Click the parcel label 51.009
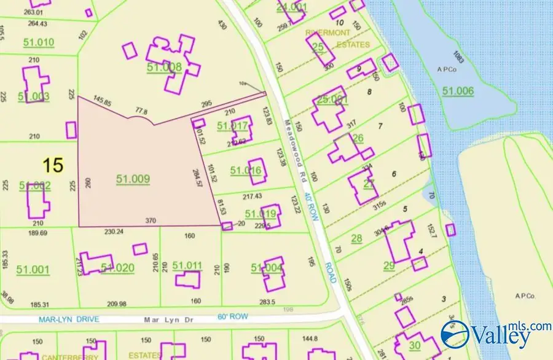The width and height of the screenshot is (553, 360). tap(133, 179)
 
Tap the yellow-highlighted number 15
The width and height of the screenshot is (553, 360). tap(53, 165)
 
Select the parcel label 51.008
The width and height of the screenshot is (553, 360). tap(164, 67)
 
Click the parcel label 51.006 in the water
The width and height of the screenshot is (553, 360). tap(458, 91)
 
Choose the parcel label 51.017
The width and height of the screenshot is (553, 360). tap(232, 126)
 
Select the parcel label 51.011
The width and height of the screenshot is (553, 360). tap(187, 265)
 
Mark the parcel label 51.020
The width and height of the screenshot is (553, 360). tap(117, 267)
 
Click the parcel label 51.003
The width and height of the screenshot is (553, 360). tap(34, 96)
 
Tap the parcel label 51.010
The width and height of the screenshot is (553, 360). tap(36, 42)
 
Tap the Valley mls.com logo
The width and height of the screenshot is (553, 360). tap(495, 334)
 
